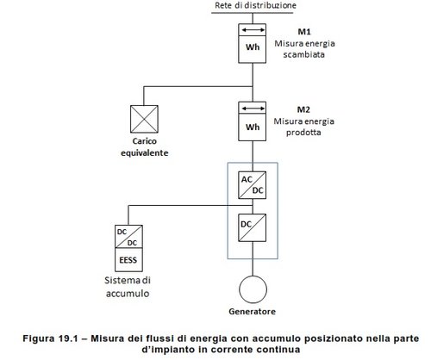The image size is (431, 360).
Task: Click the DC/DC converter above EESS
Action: pyautogui.click(x=128, y=237)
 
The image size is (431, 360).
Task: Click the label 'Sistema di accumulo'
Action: pyautogui.click(x=128, y=287)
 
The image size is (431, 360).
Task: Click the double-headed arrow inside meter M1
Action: pyautogui.click(x=253, y=29)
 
